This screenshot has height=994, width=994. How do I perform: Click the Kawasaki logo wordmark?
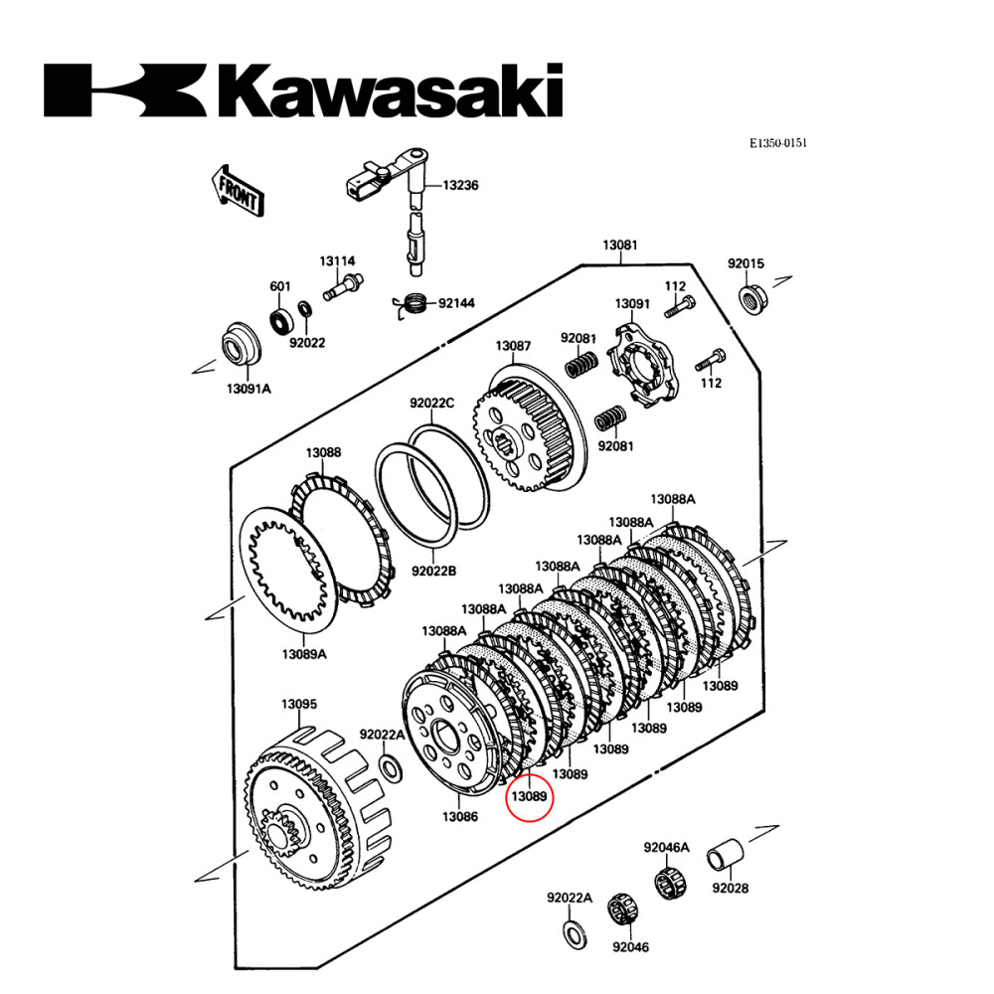click(303, 90)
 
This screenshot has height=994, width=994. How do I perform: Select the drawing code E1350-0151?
click(778, 143)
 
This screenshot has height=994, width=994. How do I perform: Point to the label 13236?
click(460, 185)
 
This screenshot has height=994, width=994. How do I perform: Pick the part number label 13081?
click(620, 246)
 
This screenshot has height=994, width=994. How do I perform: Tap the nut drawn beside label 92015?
click(751, 297)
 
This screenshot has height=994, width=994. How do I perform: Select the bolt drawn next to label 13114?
click(339, 290)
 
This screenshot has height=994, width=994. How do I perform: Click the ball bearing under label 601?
click(281, 320)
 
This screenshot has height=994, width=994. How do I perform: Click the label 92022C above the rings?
click(431, 404)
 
